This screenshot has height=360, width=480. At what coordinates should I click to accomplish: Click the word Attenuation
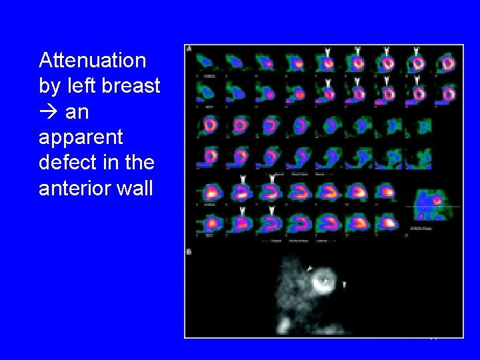92,61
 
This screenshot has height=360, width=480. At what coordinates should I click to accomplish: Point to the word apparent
81,137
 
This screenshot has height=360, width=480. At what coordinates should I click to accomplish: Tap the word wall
135,189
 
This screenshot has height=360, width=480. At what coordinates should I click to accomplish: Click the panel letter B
190,252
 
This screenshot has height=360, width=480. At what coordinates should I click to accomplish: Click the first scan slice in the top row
208,62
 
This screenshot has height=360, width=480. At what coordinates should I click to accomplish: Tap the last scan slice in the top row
446,63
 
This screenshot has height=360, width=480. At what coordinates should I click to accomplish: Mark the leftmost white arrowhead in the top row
326,51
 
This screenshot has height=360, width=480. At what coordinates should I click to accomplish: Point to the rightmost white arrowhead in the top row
416,51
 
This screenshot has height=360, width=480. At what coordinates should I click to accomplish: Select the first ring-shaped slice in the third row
210,125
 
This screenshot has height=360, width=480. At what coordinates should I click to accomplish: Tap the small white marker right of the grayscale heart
344,285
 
